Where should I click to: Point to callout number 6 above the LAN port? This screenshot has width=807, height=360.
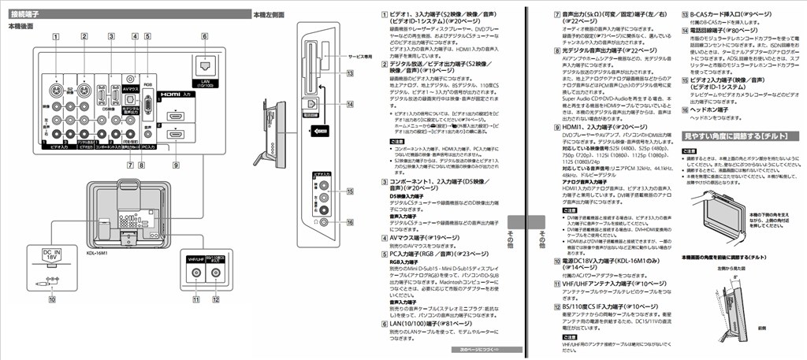pyautogui.click(x=204, y=35)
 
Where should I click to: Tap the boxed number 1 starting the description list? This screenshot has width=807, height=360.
pyautogui.click(x=382, y=14)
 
